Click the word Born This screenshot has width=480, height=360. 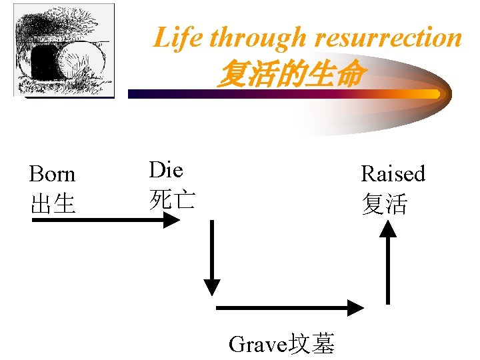click(52, 175)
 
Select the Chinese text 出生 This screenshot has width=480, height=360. click(52, 204)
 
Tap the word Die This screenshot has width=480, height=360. click(165, 170)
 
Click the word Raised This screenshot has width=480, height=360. click(393, 174)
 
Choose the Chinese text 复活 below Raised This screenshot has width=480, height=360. click(384, 204)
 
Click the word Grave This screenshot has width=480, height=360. click(257, 344)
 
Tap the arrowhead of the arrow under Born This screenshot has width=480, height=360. click(172, 221)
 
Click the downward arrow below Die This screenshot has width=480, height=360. click(211, 257)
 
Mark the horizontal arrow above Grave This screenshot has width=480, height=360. click(290, 307)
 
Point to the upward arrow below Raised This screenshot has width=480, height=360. click(388, 263)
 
